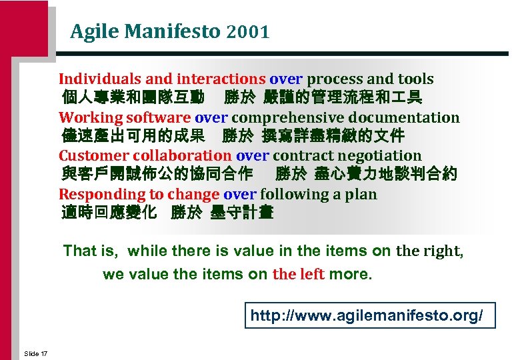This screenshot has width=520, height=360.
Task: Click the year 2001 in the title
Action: [247, 31]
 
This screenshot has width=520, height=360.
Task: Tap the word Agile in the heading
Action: [91, 31]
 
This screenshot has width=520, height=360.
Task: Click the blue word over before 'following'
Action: [240, 195]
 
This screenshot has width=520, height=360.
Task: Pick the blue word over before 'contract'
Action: [253, 156]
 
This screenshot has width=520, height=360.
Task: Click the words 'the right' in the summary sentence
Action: [429, 251]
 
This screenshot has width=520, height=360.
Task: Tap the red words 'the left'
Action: [298, 275]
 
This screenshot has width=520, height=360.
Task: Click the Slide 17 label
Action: [35, 353]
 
